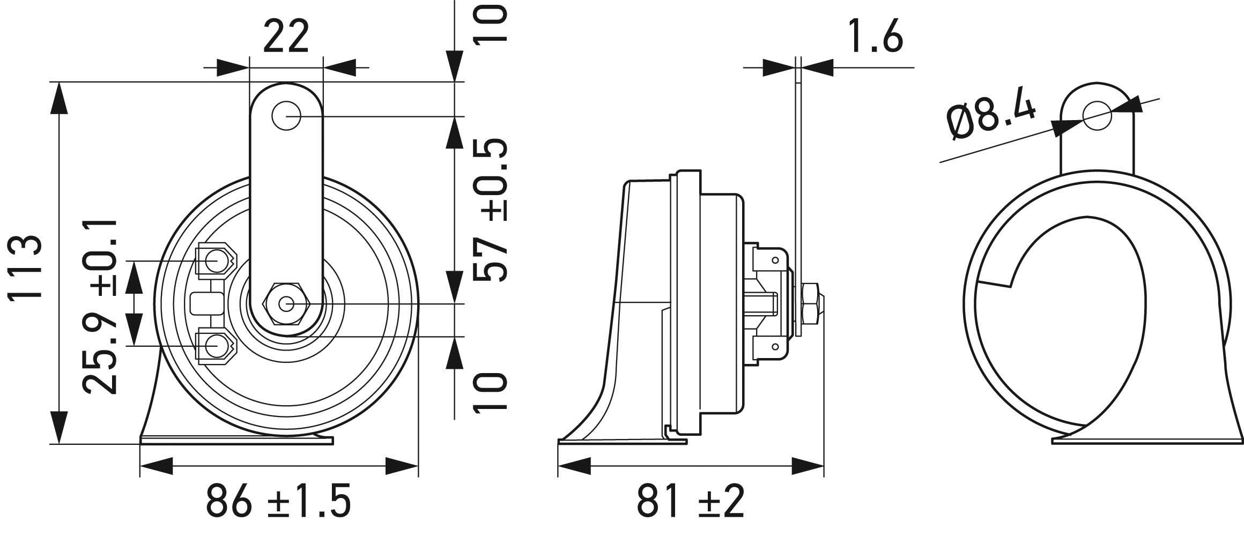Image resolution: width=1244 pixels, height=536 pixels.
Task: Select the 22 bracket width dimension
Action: [x=286, y=36]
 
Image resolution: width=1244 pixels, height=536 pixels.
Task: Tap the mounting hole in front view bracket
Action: [x=286, y=115]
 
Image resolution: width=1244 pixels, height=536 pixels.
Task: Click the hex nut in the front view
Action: [x=286, y=304]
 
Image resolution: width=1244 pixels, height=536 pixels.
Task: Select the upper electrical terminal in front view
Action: [x=215, y=262]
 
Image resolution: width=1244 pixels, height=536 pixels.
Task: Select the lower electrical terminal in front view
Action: [x=215, y=346]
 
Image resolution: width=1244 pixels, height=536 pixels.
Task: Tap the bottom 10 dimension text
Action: [x=491, y=393]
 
